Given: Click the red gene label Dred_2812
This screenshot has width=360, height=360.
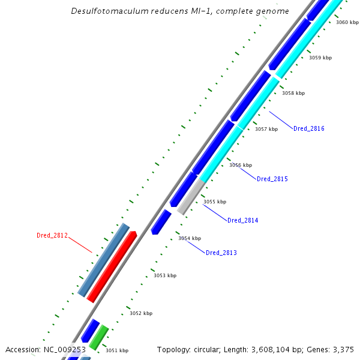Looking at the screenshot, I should pos(52,235).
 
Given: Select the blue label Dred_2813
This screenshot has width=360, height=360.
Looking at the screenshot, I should pos(221,253).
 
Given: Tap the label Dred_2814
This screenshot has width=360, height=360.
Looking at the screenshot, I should pos(243,221).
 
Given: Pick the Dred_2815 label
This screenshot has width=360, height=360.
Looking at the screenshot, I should pos(272,179).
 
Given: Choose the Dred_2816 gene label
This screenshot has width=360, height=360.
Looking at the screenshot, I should pos(309,129).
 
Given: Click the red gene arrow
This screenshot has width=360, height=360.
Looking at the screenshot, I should pos(112,266).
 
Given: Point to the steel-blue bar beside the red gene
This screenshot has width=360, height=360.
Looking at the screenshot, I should pos(104,260).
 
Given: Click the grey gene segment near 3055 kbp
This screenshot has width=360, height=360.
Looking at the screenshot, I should pos(191,197).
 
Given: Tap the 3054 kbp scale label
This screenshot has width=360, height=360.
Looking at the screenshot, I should pos(190,239).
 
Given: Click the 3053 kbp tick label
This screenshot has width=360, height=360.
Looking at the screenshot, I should pos(165,275).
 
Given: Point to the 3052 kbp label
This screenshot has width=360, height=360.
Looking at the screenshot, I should pos(141,313).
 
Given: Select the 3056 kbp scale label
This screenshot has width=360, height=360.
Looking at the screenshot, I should pos(241,165).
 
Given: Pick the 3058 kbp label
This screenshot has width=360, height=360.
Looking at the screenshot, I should pos(293,93).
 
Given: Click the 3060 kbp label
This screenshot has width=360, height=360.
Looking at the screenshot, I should pos(347,22).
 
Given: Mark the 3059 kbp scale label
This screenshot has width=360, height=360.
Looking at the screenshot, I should pos(320,58).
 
